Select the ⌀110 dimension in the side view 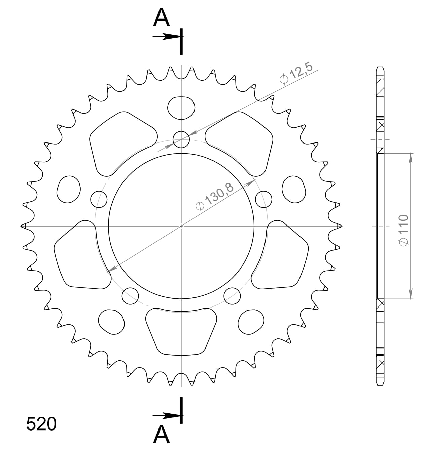(x=403, y=230)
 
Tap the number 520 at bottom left (x=41, y=424)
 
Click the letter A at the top (x=161, y=18)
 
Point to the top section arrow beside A (x=166, y=37)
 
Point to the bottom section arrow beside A (x=166, y=416)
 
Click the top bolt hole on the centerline (x=181, y=139)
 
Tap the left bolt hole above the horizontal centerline (x=99, y=199)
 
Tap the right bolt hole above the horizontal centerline (x=263, y=199)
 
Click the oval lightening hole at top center (x=181, y=108)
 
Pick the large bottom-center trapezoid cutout (x=181, y=331)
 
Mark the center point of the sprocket (x=181, y=226)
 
